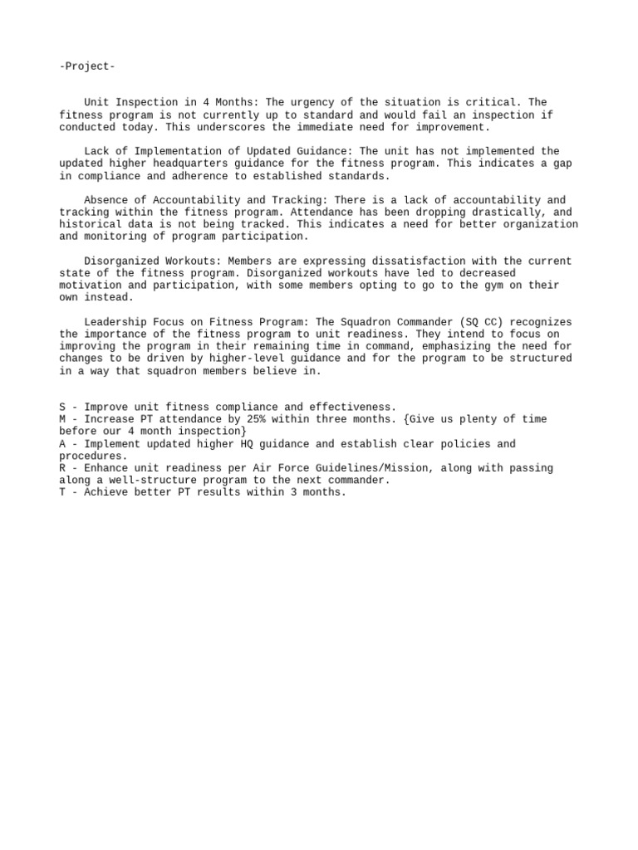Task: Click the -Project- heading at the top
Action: [87, 66]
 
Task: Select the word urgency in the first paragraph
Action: [318, 103]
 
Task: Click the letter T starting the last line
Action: [62, 493]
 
